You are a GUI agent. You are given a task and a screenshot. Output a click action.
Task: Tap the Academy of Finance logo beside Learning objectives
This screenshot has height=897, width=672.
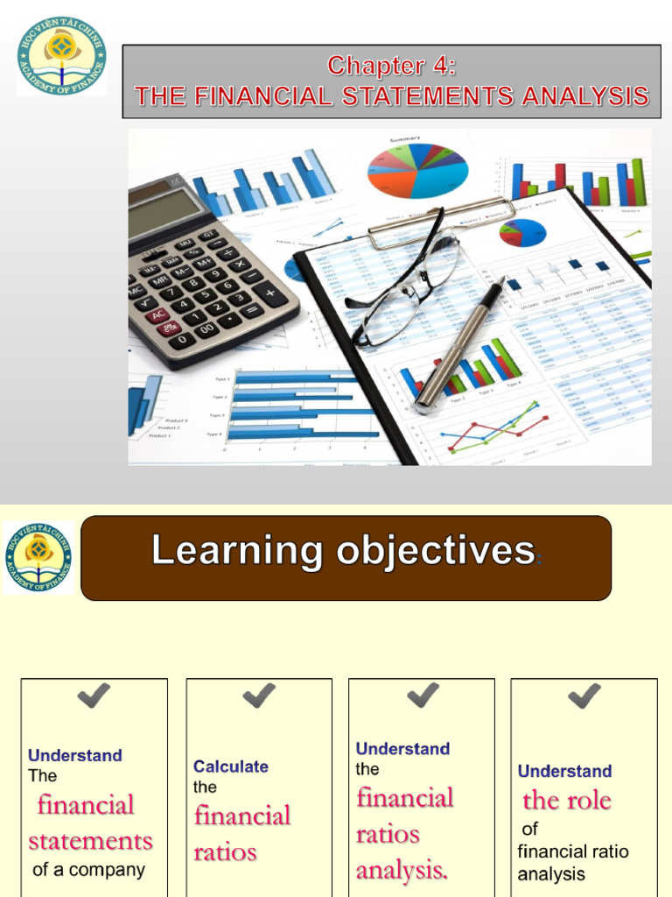coord(38,557)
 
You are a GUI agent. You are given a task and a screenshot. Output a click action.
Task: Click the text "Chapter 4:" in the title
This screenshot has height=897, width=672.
coord(391,66)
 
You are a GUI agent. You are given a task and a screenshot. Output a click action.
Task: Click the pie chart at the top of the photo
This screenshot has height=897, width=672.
coord(417,170)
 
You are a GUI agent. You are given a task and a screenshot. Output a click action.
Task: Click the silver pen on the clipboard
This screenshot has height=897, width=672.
coord(461,343)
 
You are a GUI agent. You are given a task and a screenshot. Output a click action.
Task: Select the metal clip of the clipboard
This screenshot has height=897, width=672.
coord(442,215)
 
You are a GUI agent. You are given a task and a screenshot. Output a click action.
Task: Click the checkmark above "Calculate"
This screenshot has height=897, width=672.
coord(259,696)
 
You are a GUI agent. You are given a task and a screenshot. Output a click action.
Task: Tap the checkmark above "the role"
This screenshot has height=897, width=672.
coord(584,696)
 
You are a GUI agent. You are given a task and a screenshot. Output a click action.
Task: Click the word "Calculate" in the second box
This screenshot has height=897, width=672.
coord(231,766)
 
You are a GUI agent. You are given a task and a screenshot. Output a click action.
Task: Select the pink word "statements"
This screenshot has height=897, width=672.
coord(90,841)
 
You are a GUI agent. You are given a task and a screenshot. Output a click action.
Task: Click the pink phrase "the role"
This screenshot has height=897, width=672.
coord(567,800)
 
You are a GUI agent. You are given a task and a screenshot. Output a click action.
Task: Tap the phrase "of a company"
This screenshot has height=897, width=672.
coord(88,870)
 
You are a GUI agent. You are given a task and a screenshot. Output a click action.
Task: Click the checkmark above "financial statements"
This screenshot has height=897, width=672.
coord(94,696)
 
